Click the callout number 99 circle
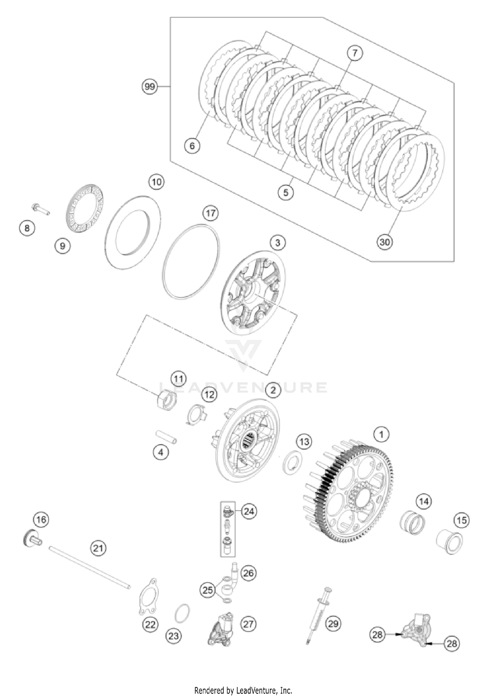click(150, 87)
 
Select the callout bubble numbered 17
click(211, 213)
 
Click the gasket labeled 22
click(148, 597)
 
